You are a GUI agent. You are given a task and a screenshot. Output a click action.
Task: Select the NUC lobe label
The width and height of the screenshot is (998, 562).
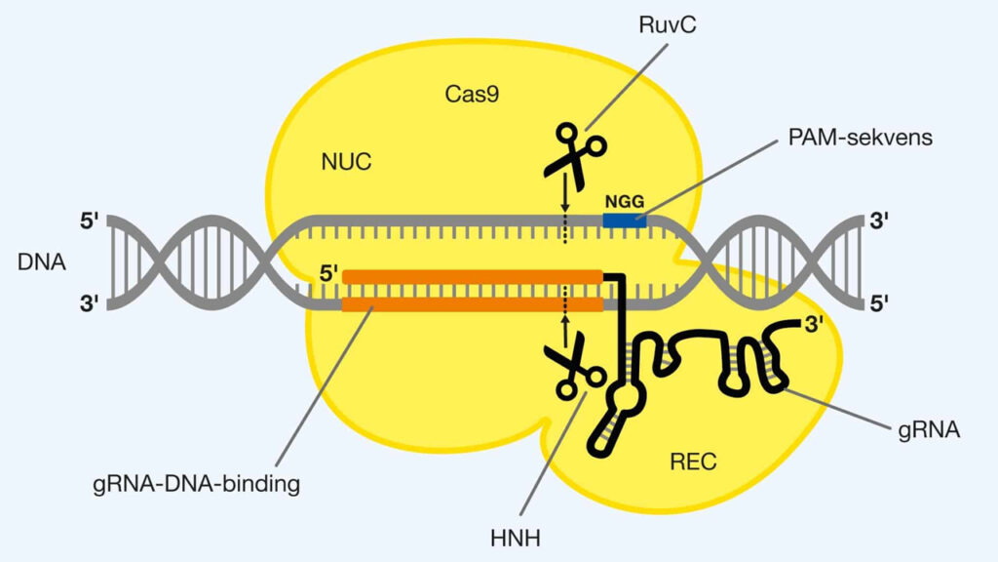click(346, 161)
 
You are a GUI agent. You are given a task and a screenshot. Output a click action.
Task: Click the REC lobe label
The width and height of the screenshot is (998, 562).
click(692, 462)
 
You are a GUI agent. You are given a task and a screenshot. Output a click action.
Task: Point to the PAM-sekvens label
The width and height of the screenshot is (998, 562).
click(860, 138)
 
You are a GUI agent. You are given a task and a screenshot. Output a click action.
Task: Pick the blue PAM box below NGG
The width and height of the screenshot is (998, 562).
click(624, 221)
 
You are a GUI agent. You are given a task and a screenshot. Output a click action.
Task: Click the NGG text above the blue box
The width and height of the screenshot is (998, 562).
click(624, 200)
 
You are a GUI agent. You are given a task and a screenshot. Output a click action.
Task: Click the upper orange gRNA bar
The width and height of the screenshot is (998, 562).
click(472, 277)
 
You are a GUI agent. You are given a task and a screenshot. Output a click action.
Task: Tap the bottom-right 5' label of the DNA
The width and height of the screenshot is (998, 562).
click(879, 304)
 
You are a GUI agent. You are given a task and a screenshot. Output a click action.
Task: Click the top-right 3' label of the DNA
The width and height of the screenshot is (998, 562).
click(879, 221)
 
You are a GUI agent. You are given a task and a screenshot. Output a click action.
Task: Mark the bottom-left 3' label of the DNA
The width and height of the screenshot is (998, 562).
click(89, 304)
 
